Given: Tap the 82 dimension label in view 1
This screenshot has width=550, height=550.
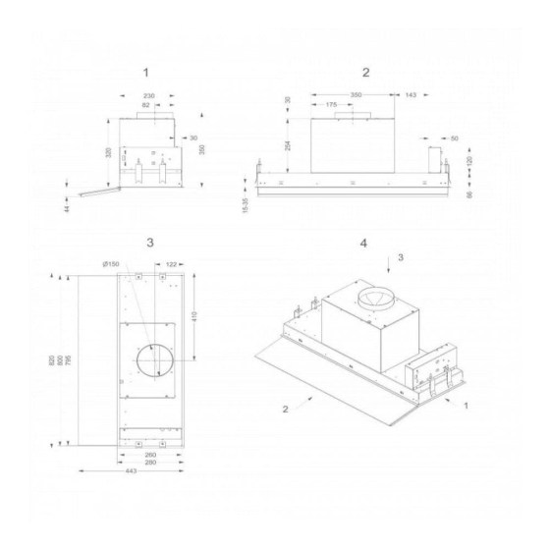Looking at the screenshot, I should tap(146, 104).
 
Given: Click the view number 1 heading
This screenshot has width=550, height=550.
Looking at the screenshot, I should tap(145, 72).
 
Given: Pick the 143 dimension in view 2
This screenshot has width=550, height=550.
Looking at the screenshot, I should tap(409, 95).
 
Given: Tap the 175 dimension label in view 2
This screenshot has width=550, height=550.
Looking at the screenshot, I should tap(331, 104).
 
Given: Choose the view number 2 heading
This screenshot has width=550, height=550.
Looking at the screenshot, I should tap(365, 72).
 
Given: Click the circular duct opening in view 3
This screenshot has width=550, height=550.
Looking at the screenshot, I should tap(149, 360).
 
